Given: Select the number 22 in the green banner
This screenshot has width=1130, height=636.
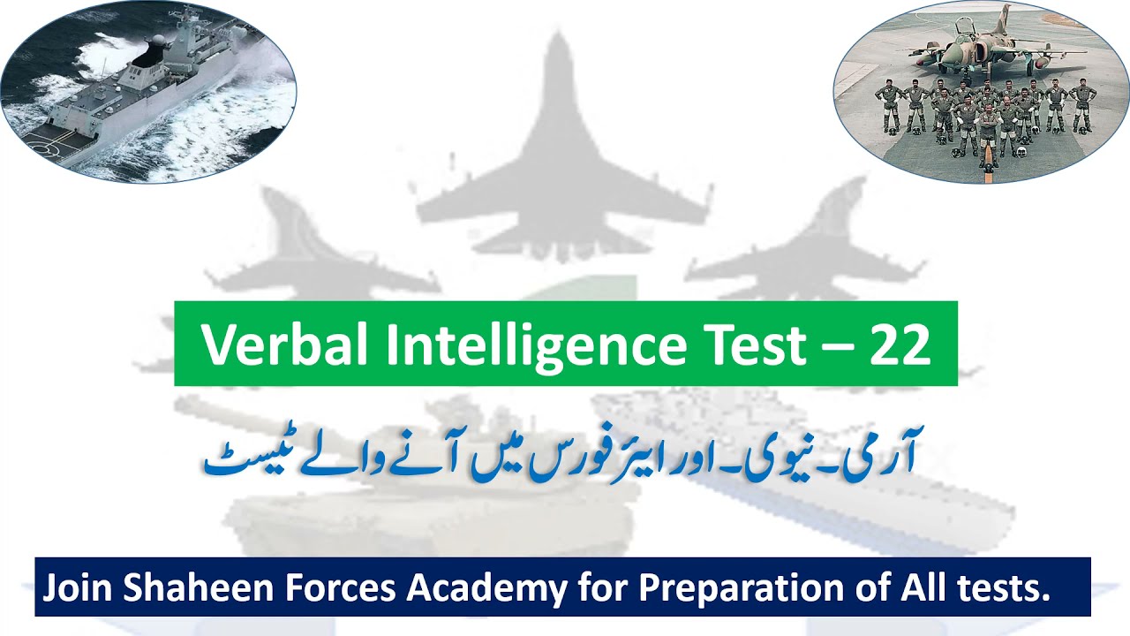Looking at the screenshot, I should (x=900, y=344).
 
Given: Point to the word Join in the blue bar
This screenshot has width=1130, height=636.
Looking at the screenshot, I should (x=75, y=588).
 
